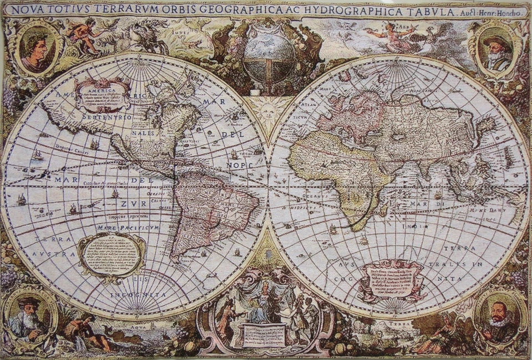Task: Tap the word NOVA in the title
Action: point(27,9)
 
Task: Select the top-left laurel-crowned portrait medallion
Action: point(37,49)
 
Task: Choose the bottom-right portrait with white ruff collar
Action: point(499,317)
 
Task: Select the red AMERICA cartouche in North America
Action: point(103,95)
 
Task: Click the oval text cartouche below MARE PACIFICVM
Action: point(111,254)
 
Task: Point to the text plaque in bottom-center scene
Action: point(264,333)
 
